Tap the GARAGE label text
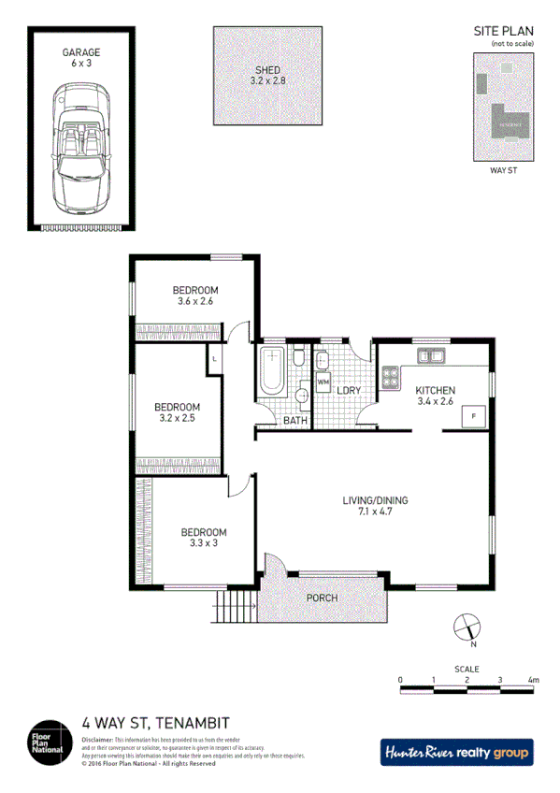[x=81, y=53]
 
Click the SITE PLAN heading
[x=503, y=31]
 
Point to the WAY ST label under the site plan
[x=504, y=171]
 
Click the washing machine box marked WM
[x=323, y=382]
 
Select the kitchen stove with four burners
[x=389, y=379]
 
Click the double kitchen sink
[x=431, y=355]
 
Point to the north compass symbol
[x=466, y=627]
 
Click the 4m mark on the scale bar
[x=534, y=680]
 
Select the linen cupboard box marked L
[x=215, y=359]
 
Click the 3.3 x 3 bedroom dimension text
[x=204, y=544]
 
